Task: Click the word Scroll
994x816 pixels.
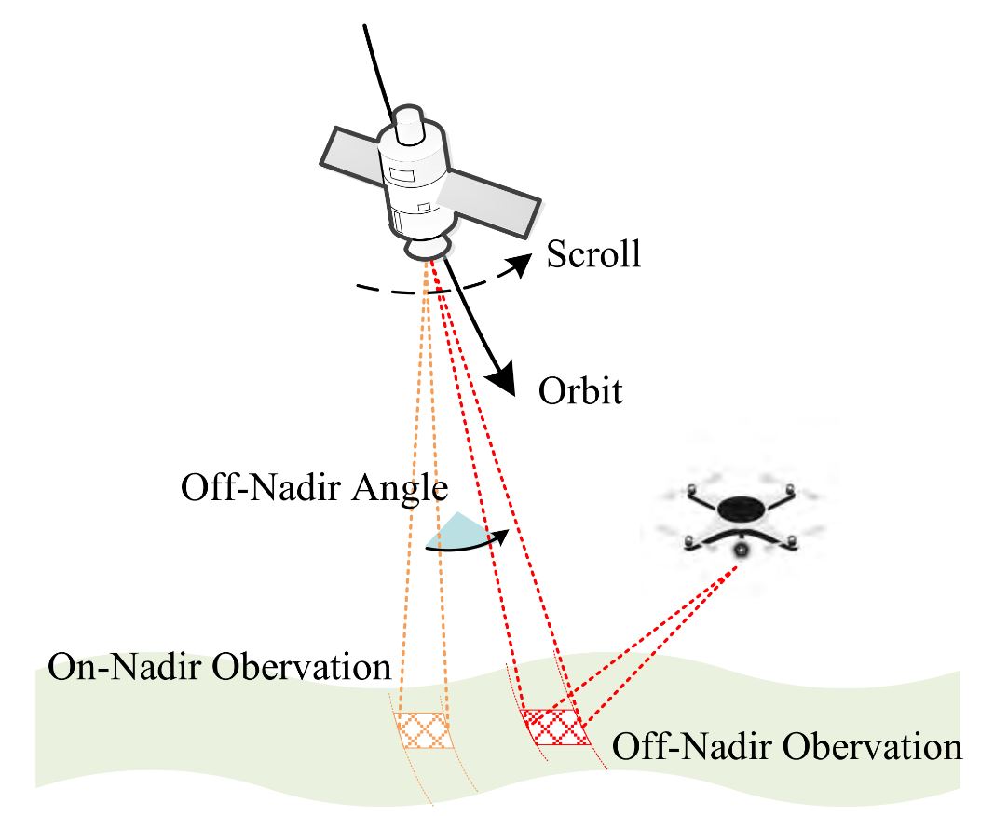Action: click(x=593, y=253)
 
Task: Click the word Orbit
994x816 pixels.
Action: click(x=579, y=391)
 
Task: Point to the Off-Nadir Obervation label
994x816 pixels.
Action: click(x=785, y=747)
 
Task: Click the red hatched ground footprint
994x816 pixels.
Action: click(x=555, y=727)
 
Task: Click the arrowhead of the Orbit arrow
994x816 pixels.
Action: click(x=503, y=380)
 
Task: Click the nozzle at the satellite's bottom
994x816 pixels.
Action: click(x=430, y=248)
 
